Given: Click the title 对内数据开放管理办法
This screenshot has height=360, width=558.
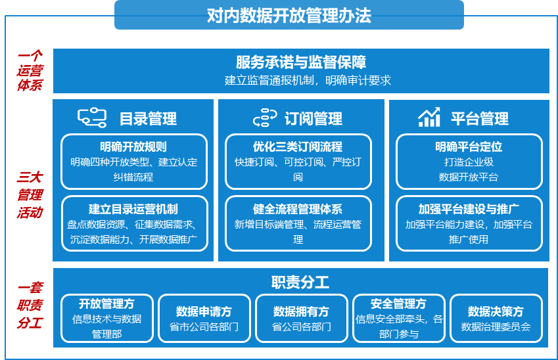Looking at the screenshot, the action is pyautogui.click(x=289, y=15).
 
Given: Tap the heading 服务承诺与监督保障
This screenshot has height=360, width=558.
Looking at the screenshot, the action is pyautogui.click(x=301, y=62).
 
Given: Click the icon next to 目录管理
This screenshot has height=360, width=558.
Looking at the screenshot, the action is pyautogui.click(x=92, y=118).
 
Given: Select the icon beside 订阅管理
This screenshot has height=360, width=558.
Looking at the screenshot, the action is pyautogui.click(x=265, y=118).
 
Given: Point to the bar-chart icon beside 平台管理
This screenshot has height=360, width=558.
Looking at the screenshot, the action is pyautogui.click(x=429, y=117).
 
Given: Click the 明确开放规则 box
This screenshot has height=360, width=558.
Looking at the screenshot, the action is pyautogui.click(x=134, y=162).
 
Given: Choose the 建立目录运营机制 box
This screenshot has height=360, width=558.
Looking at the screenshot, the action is pyautogui.click(x=135, y=223).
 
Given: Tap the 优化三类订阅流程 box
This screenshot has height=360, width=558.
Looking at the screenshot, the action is pyautogui.click(x=298, y=162).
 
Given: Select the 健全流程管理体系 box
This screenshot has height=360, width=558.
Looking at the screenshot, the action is pyautogui.click(x=298, y=223).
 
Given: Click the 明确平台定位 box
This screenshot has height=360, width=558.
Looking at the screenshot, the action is pyautogui.click(x=469, y=162).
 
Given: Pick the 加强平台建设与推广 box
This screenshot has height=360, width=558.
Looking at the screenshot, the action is pyautogui.click(x=469, y=223).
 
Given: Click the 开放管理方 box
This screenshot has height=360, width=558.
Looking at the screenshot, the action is pyautogui.click(x=107, y=318).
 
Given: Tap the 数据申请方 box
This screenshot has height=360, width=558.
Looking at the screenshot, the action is pyautogui.click(x=204, y=318).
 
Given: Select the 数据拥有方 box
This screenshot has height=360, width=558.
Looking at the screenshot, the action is pyautogui.click(x=302, y=318).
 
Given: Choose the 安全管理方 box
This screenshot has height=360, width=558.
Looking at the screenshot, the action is pyautogui.click(x=398, y=318).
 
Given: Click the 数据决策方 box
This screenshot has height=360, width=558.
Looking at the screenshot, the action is pyautogui.click(x=496, y=318).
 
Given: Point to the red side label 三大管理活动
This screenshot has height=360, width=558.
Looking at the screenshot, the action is pyautogui.click(x=30, y=194).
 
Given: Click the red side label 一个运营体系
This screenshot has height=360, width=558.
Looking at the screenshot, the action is pyautogui.click(x=30, y=70).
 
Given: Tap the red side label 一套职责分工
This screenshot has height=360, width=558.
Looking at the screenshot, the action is pyautogui.click(x=30, y=305).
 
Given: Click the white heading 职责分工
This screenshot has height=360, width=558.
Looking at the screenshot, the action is pyautogui.click(x=300, y=282).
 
